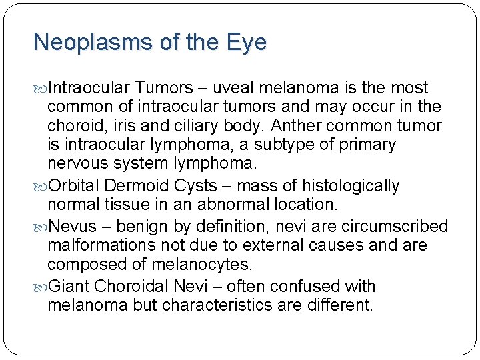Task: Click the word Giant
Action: [69, 287]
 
